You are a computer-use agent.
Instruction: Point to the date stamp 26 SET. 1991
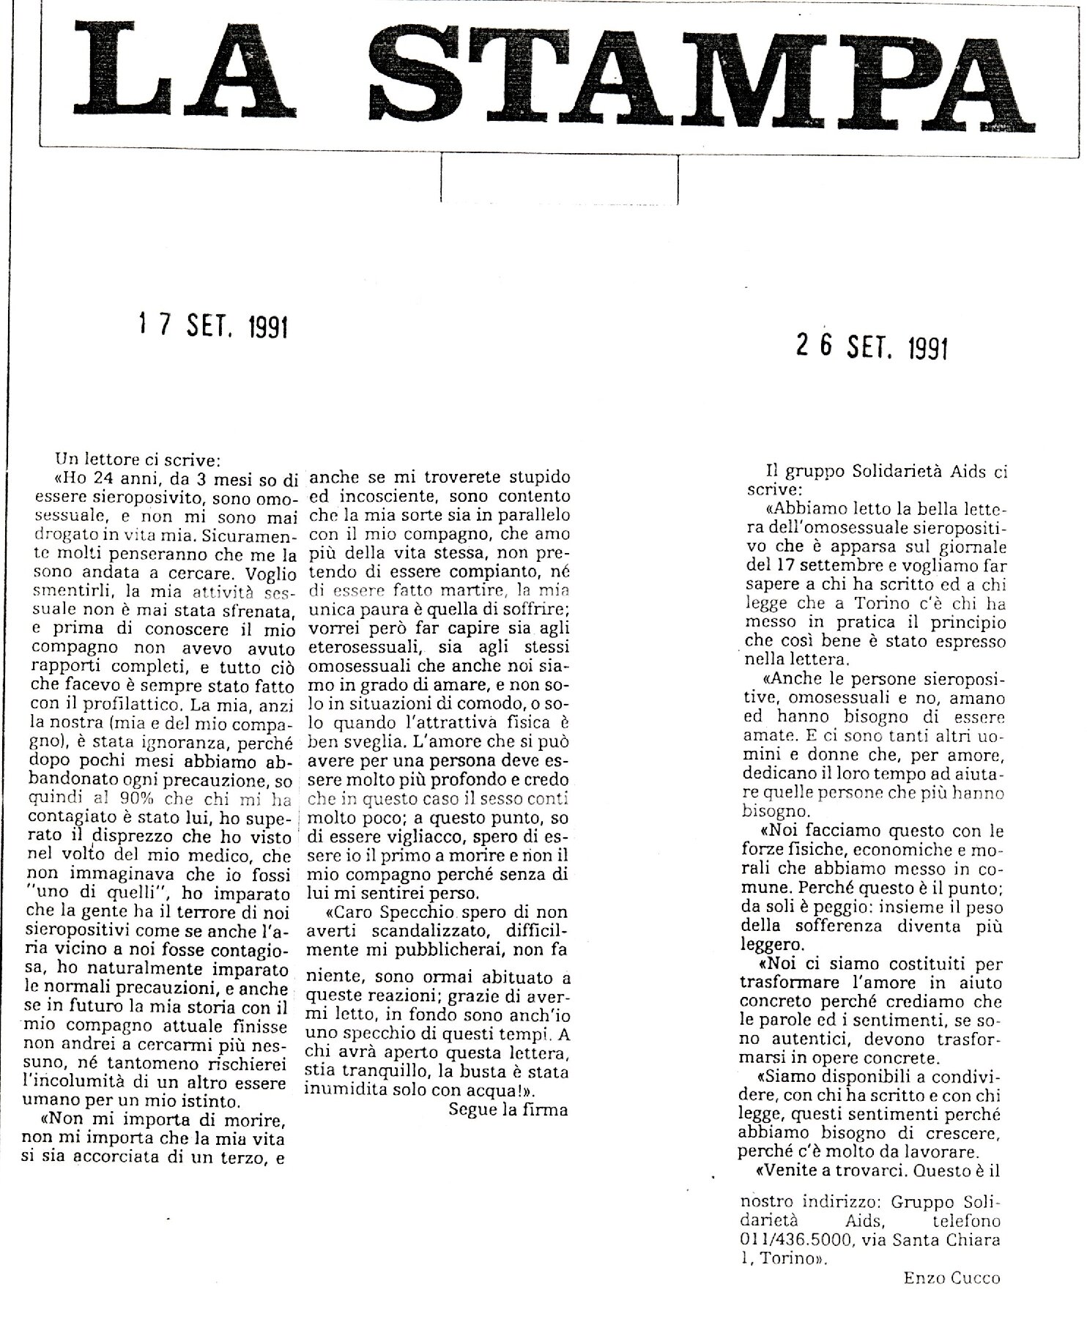pos(872,346)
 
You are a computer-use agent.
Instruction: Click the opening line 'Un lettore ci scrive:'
pos(138,461)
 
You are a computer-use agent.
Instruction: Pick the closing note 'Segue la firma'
pos(508,1109)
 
